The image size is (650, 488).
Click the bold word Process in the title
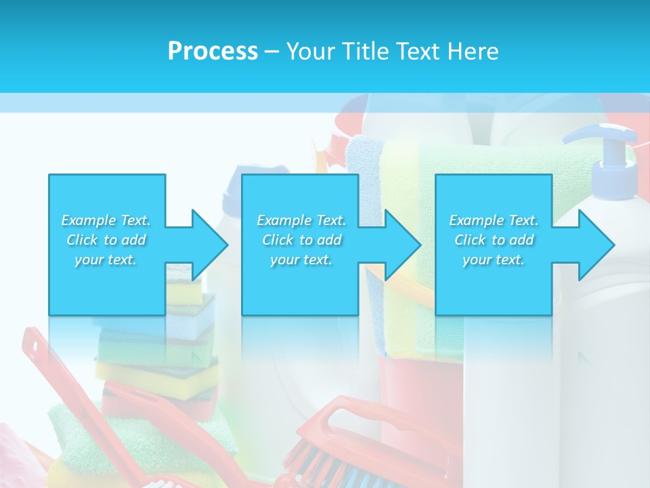[x=213, y=51]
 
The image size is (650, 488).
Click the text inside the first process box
[x=106, y=240]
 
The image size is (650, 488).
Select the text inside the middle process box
[x=301, y=240]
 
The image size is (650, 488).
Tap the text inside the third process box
[x=494, y=240]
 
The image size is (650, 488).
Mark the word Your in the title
[x=309, y=51]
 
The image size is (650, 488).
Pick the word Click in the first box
[x=82, y=240]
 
